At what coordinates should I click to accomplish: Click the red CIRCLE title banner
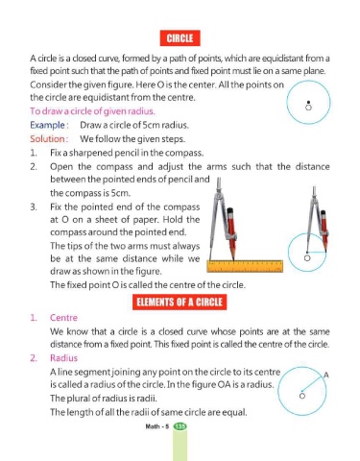tap(180, 38)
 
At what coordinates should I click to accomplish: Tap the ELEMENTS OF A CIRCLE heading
tap(180, 303)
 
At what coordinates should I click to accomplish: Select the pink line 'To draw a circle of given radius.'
tap(92, 111)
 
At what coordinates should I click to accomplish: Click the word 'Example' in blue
tap(47, 125)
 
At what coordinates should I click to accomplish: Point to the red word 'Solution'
tap(47, 139)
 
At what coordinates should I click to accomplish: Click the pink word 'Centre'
tap(63, 318)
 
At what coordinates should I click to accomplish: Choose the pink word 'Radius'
tap(63, 358)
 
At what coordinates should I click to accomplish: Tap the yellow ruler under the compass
tap(245, 266)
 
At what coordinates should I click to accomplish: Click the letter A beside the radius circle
tap(326, 375)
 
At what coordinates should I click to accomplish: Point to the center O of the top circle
tap(308, 108)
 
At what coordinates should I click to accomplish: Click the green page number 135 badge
tap(180, 426)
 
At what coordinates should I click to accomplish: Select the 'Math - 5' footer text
tap(156, 426)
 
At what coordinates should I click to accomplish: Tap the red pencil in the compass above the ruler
tap(231, 233)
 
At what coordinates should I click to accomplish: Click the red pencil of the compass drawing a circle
tap(324, 230)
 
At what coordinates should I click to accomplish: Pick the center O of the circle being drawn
tap(307, 258)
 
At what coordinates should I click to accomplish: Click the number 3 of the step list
tap(34, 207)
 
